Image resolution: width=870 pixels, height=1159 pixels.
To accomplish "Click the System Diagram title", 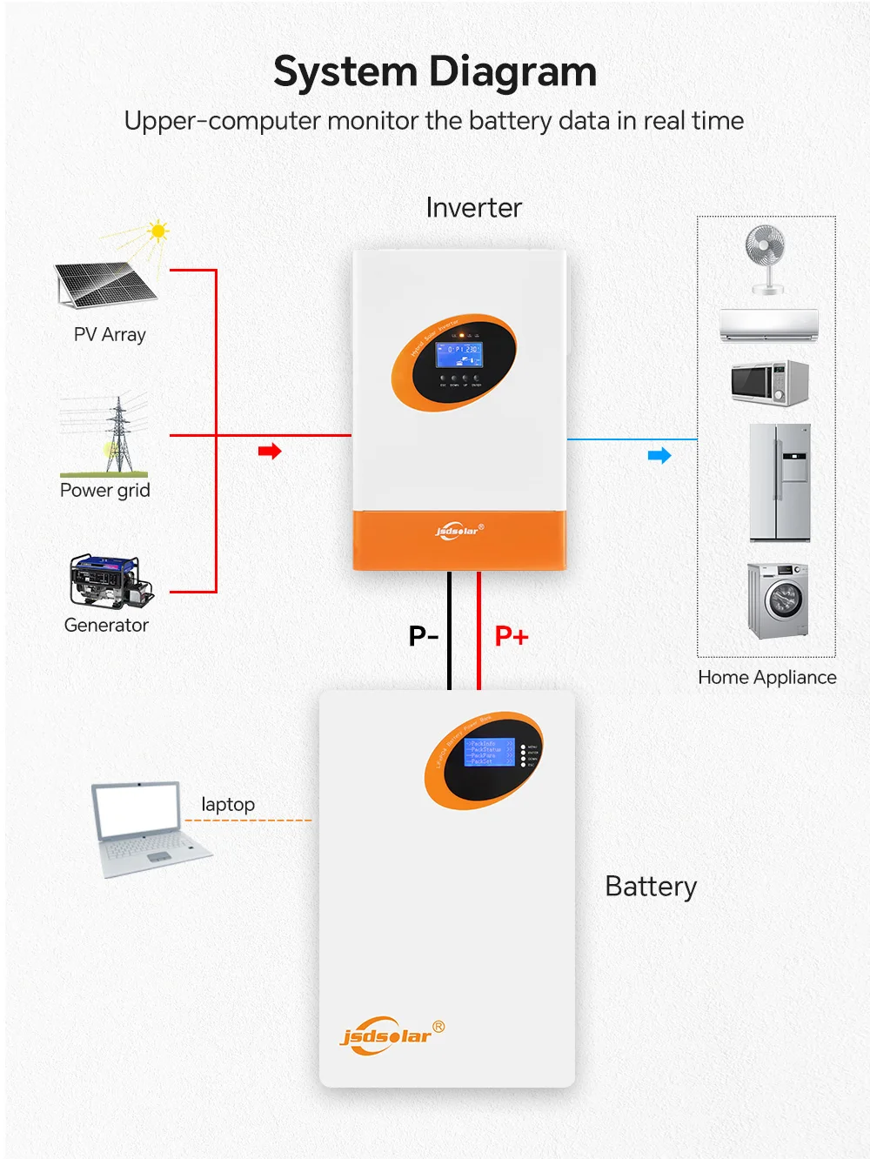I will pyautogui.click(x=435, y=72).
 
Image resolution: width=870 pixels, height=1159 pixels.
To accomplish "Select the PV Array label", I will pyautogui.click(x=110, y=335).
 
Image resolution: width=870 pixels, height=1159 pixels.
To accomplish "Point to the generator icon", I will pyautogui.click(x=110, y=581).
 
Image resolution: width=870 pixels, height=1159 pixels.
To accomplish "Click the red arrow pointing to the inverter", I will pyautogui.click(x=270, y=451).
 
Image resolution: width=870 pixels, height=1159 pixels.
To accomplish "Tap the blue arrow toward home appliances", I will pyautogui.click(x=659, y=455).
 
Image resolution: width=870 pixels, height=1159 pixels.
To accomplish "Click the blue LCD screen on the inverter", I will pyautogui.click(x=458, y=354).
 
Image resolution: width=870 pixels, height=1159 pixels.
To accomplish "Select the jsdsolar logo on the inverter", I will pyautogui.click(x=458, y=530).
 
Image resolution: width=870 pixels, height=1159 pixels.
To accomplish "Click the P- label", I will pyautogui.click(x=424, y=636).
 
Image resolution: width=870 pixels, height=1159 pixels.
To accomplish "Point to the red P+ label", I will pyautogui.click(x=512, y=636).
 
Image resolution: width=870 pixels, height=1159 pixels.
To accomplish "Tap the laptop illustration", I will pyautogui.click(x=148, y=828).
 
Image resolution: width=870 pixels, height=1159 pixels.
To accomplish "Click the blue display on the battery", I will pyautogui.click(x=489, y=752).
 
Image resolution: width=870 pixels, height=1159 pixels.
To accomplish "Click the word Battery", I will pyautogui.click(x=651, y=887).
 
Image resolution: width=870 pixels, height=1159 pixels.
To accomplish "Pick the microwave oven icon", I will pyautogui.click(x=770, y=383).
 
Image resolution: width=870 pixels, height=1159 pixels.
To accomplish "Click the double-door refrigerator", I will pyautogui.click(x=780, y=482).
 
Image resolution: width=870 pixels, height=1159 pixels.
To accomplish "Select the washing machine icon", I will pyautogui.click(x=778, y=600).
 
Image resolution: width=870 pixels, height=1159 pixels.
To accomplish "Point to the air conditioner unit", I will pyautogui.click(x=769, y=324).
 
